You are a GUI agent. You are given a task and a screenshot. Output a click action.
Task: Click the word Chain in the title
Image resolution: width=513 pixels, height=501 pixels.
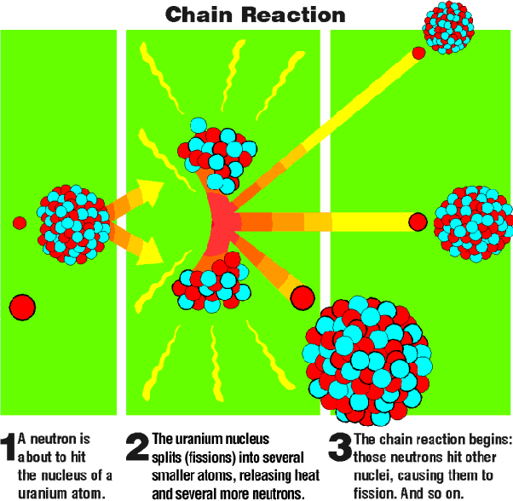coord(199,14)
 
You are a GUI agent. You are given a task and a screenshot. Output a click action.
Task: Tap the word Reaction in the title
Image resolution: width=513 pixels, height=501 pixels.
coord(293,14)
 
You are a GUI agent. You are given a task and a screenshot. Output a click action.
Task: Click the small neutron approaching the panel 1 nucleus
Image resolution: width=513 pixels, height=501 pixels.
coord(20,222)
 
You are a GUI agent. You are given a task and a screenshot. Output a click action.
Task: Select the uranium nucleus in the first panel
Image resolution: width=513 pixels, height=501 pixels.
coord(73,225)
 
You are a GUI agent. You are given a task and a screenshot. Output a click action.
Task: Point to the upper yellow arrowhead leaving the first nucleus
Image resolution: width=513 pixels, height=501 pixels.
coord(150,193)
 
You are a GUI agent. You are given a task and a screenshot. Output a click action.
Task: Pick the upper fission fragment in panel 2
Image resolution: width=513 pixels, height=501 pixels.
coord(217,156)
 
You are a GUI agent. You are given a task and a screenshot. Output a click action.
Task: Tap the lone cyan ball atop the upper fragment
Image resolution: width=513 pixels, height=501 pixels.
coord(199,125)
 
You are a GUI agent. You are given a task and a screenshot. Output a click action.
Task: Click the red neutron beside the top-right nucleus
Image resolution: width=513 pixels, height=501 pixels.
coord(418,53)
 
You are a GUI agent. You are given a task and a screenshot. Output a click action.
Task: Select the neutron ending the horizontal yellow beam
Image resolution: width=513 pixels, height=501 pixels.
coord(418,222)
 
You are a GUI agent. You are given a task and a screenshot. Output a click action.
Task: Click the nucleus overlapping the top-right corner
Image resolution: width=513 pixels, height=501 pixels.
coord(448,27)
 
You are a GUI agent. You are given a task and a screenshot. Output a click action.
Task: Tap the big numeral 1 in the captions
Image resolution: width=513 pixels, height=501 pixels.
coord(9,447)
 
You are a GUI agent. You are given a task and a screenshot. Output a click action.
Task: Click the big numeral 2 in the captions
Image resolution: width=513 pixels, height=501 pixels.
coord(137,447)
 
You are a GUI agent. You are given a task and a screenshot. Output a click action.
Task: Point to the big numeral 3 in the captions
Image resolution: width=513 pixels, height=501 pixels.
coord(340,447)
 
